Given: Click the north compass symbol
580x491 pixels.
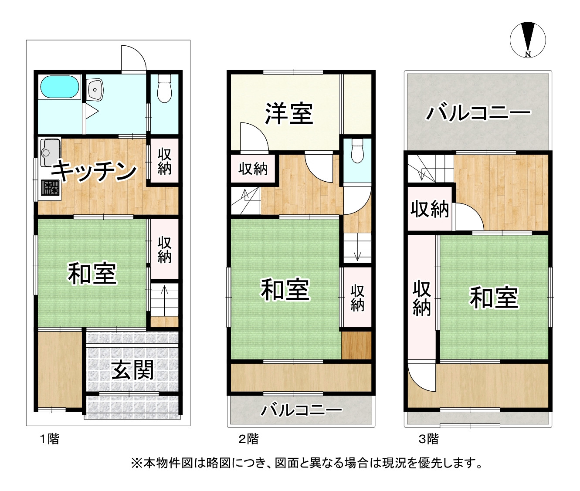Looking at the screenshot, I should click(528, 40).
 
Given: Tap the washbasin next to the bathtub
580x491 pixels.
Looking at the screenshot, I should click(95, 90).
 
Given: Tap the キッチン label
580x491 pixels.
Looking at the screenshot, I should click(94, 171).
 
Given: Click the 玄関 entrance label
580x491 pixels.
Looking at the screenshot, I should click(132, 370).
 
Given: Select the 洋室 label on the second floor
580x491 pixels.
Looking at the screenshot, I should click(289, 113).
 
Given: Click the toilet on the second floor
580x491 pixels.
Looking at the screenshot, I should click(357, 150).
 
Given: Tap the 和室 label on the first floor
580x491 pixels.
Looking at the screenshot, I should click(92, 274).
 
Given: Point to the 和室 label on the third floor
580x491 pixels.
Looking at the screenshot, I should click(494, 298).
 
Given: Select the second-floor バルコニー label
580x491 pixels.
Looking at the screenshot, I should click(302, 410).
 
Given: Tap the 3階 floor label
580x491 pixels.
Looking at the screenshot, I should click(429, 439).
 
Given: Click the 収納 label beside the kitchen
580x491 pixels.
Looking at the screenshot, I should click(164, 162).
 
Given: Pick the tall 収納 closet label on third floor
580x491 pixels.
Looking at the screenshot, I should click(421, 298).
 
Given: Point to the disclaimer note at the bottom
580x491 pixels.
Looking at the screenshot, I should click(307, 463).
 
